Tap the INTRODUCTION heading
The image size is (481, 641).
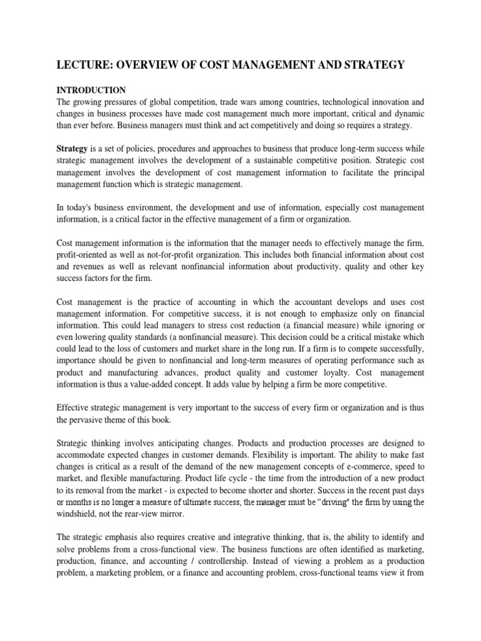91,90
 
